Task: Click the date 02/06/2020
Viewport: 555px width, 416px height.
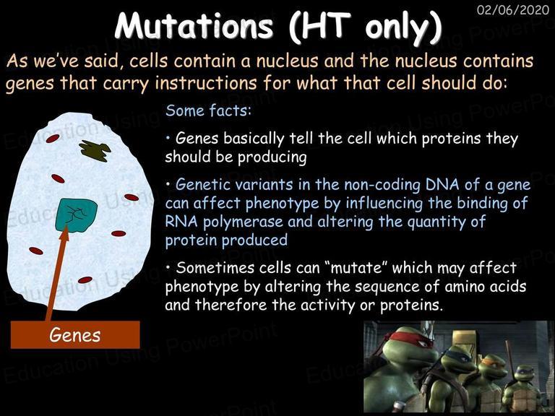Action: pyautogui.click(x=513, y=9)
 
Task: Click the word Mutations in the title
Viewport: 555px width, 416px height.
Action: pyautogui.click(x=194, y=26)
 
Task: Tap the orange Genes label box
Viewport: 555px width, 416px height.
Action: pyautogui.click(x=75, y=334)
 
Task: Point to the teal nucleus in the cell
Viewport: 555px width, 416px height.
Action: pyautogui.click(x=76, y=215)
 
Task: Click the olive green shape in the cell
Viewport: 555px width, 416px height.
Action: pyautogui.click(x=94, y=150)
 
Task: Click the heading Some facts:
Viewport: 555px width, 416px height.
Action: pyautogui.click(x=208, y=110)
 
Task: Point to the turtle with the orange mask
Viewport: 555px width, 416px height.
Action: pyautogui.click(x=492, y=381)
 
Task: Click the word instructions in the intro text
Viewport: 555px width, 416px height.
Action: pyautogui.click(x=206, y=83)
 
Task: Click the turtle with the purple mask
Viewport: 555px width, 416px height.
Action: pyautogui.click(x=522, y=389)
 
